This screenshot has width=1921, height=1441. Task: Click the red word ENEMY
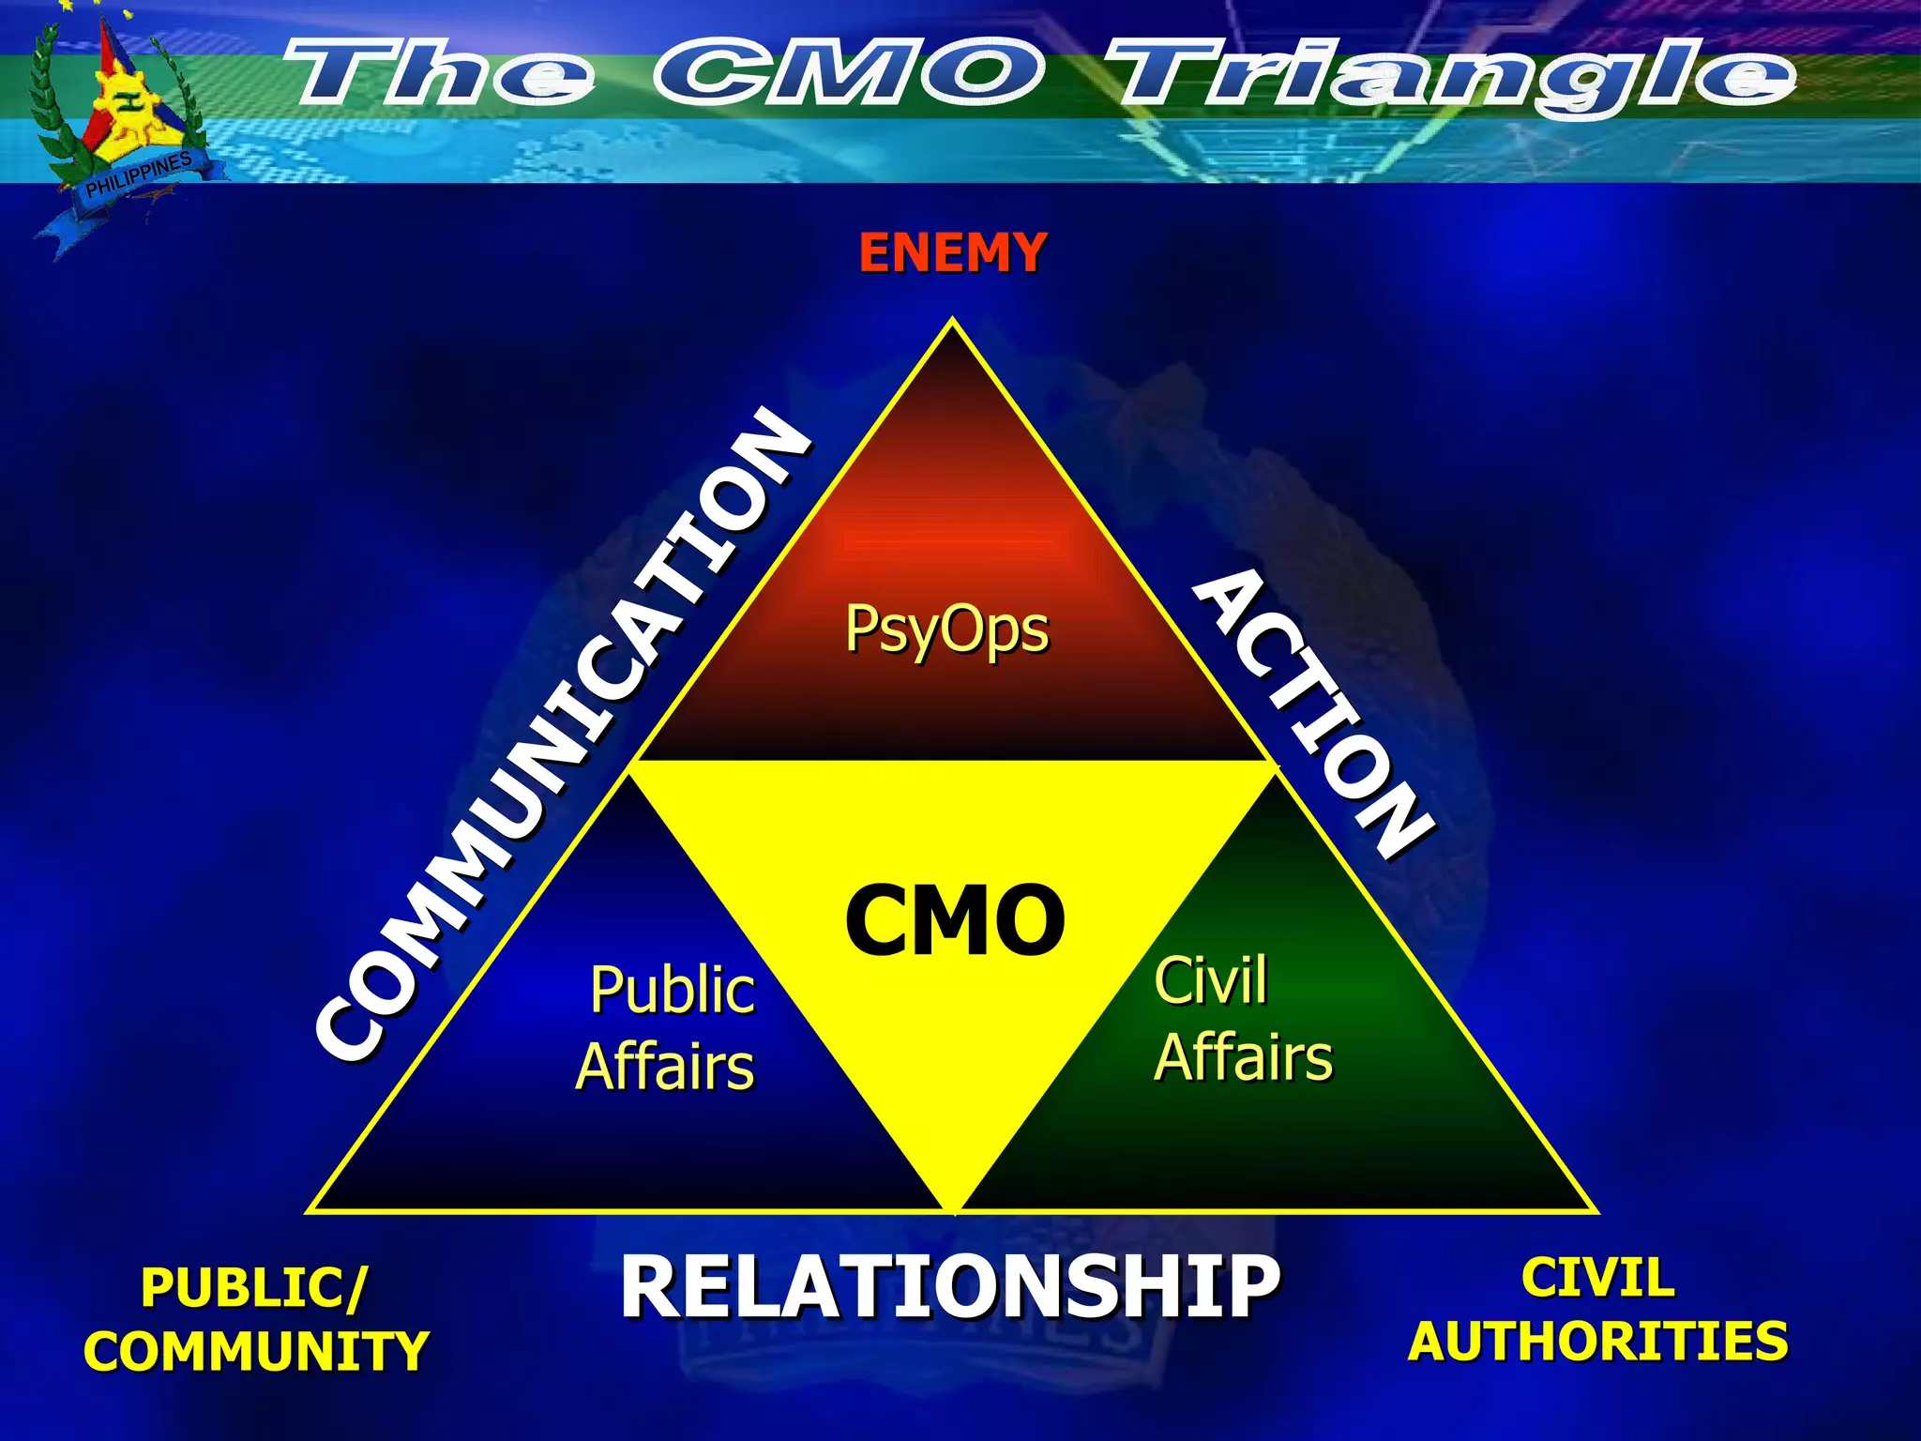952,253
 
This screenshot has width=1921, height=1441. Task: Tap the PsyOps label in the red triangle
946,629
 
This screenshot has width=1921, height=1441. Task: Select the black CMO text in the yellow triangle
955,920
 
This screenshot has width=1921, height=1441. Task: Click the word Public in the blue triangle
673,991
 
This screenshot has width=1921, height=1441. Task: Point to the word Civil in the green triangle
1210,981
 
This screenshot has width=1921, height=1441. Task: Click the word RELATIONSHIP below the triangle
949,1287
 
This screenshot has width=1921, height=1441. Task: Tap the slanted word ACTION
1313,713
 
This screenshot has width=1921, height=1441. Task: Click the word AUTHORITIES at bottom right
1597,1341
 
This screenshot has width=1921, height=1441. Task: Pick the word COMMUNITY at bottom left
256,1352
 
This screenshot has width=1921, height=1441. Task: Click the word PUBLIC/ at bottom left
254,1287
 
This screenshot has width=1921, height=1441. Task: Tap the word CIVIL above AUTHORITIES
1597,1278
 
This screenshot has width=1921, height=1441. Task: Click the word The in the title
441,73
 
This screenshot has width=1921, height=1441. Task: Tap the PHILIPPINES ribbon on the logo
139,176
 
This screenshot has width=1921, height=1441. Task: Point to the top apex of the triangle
953,321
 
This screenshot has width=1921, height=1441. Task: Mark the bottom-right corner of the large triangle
1595,1211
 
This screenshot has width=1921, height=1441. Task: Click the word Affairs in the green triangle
1243,1058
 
